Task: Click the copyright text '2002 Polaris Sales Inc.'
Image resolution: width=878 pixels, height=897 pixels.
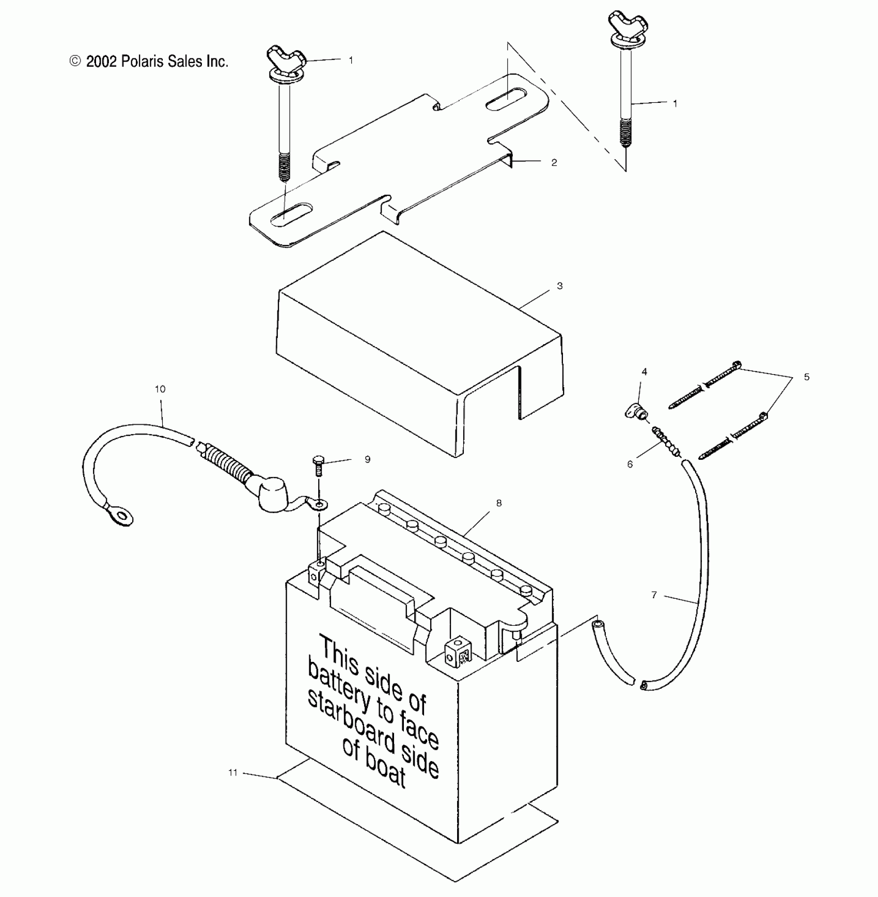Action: [149, 61]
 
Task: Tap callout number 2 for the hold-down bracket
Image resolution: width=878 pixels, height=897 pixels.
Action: [554, 162]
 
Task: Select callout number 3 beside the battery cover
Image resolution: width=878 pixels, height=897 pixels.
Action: [560, 286]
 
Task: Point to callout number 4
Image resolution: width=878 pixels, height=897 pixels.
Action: [644, 372]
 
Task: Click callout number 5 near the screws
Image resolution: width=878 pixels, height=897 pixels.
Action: [807, 377]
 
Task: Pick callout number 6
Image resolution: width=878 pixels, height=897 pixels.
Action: [630, 465]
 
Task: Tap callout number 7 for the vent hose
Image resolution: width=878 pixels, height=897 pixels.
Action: [654, 595]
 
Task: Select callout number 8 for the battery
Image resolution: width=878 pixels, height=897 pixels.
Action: [499, 503]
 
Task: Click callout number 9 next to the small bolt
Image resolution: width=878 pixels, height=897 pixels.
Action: [367, 459]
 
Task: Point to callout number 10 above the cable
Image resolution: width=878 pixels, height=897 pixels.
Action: [160, 389]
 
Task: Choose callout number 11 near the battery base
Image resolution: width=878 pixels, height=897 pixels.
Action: [233, 772]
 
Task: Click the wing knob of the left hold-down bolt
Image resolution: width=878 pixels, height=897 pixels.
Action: [286, 56]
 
